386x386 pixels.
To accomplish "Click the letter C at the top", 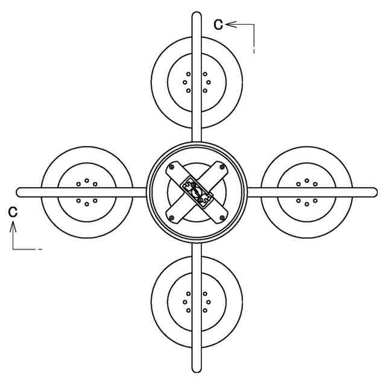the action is tap(219, 24).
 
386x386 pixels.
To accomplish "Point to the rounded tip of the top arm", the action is tap(196, 15).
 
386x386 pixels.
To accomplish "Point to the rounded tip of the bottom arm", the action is tap(196, 369).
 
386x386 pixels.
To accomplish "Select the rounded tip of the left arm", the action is tap(21, 192).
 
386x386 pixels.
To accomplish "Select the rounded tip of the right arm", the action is tap(373, 192).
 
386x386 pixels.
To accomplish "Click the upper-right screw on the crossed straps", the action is tap(222, 168).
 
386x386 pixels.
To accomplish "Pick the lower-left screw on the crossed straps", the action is tap(172, 217).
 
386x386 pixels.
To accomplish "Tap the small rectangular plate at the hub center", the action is tap(197, 192).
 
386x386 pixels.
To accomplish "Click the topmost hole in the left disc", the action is tap(87, 180).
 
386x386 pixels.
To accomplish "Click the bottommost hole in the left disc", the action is tap(87, 204).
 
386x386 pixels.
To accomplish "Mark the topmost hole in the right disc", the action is tap(307, 180).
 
